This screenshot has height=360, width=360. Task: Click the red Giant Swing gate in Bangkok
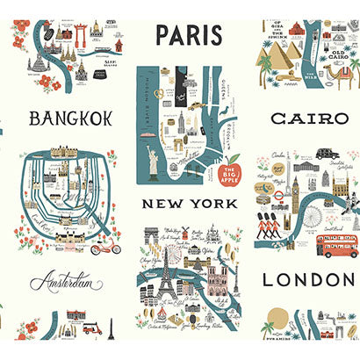(78, 34)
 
